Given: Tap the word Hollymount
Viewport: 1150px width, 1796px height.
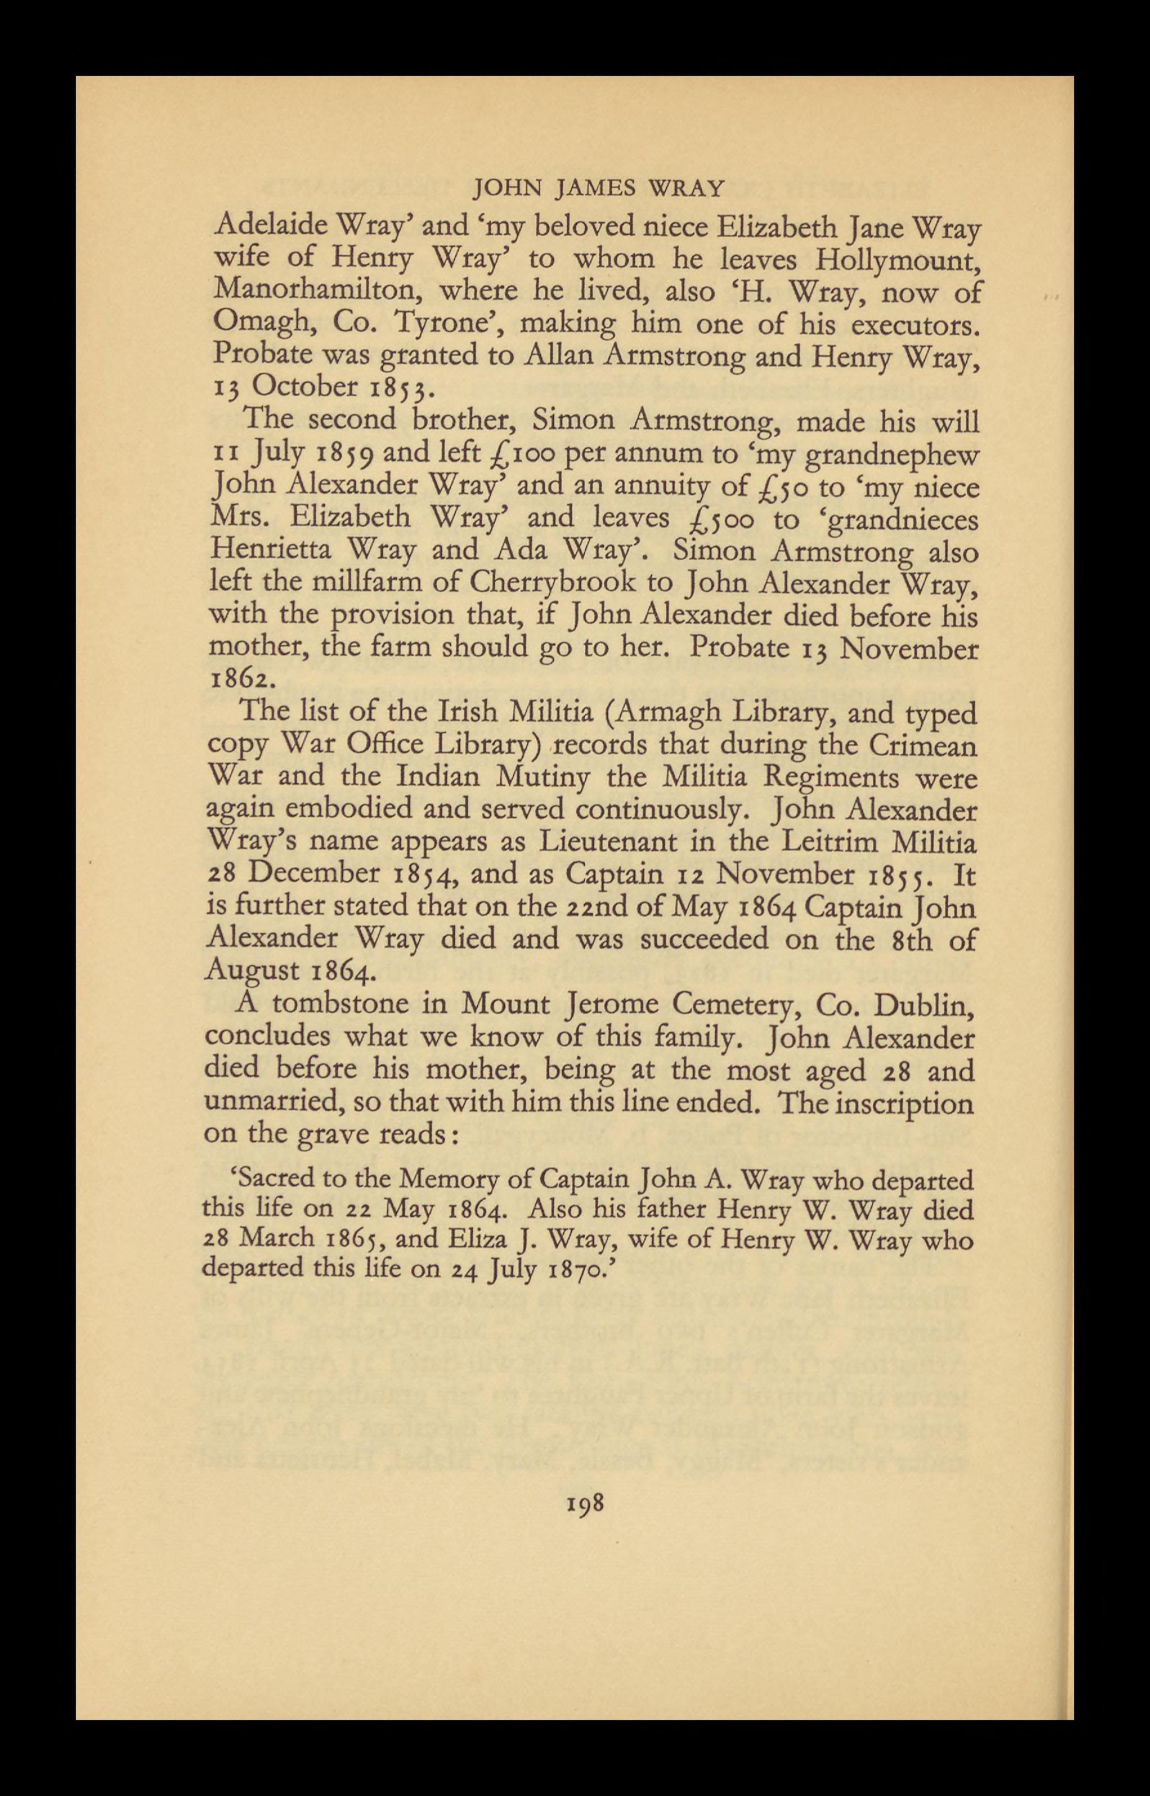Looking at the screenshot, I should [896, 260].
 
